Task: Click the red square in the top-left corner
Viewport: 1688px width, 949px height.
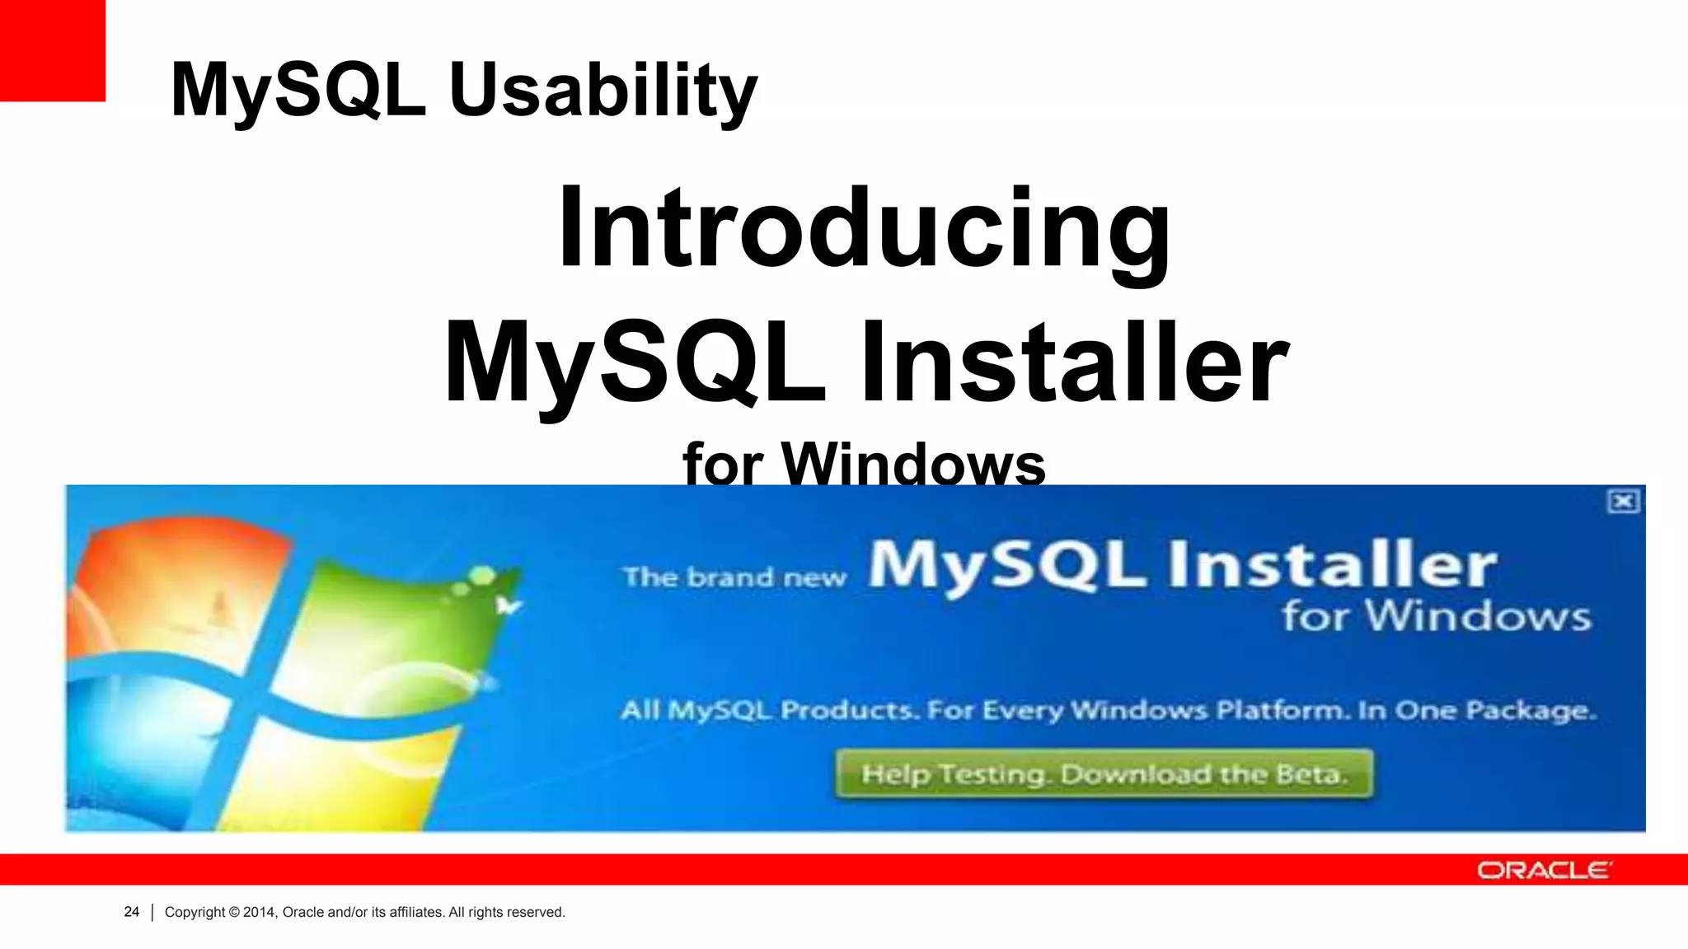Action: (52, 49)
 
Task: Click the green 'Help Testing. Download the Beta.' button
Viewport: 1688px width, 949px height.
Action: (1104, 774)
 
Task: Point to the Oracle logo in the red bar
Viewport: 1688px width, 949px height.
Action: (1543, 870)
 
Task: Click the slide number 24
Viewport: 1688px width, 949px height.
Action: (131, 912)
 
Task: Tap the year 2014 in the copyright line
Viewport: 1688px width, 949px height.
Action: (259, 912)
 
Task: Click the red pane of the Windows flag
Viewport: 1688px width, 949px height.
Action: (173, 585)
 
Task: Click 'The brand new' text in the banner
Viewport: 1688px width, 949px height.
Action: (734, 577)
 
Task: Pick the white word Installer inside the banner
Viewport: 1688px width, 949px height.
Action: (1332, 565)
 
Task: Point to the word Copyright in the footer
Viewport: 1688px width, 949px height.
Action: (195, 912)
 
